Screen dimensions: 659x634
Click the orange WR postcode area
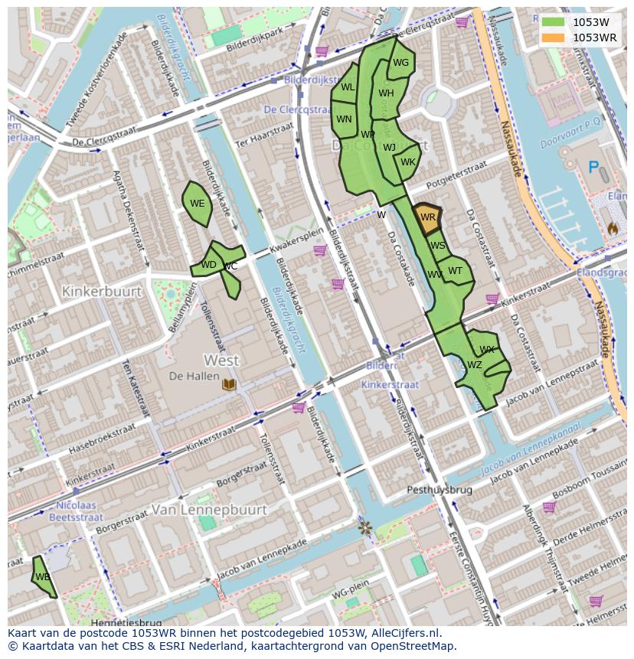pyautogui.click(x=427, y=217)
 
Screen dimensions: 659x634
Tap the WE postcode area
pyautogui.click(x=197, y=204)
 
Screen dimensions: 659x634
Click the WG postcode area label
pyautogui.click(x=400, y=63)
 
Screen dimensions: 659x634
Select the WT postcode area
pyautogui.click(x=456, y=270)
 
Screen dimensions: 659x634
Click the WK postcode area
pyautogui.click(x=407, y=162)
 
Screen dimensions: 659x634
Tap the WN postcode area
pyautogui.click(x=344, y=119)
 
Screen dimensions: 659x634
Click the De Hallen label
pyautogui.click(x=188, y=376)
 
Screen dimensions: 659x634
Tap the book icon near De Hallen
pyautogui.click(x=228, y=383)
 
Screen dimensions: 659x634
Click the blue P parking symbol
pyautogui.click(x=593, y=168)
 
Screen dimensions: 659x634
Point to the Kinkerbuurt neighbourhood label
pyautogui.click(x=102, y=292)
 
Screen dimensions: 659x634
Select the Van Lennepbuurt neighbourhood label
pyautogui.click(x=209, y=510)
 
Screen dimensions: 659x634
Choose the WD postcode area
pyautogui.click(x=208, y=265)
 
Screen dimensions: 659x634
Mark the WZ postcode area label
pyautogui.click(x=475, y=365)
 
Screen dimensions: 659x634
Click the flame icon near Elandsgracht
pyautogui.click(x=613, y=228)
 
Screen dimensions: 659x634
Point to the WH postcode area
pyautogui.click(x=385, y=94)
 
